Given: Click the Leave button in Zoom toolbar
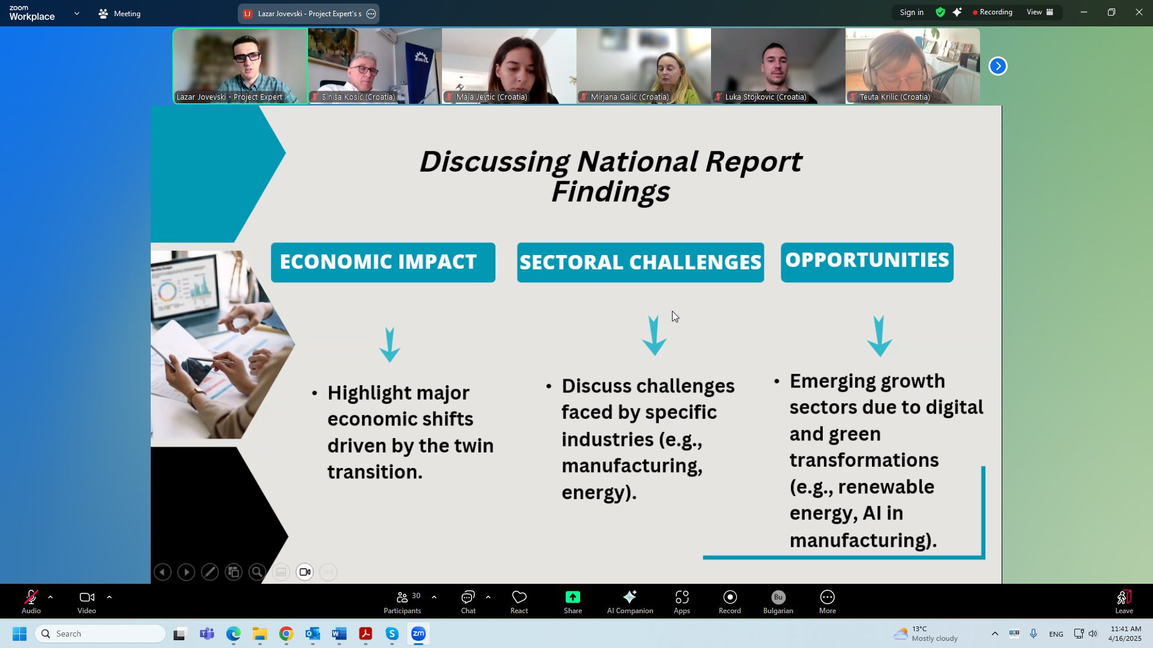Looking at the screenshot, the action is point(1124,602).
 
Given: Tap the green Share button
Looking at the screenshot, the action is point(572,602).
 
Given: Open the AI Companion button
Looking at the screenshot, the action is point(629,602).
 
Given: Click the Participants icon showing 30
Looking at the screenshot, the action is point(402,602).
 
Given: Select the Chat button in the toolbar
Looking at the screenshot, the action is point(468,602).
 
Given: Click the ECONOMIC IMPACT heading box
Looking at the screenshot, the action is point(383,262).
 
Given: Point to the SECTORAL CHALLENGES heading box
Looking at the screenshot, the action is point(640,262).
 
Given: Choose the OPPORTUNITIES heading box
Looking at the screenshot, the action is point(867,262).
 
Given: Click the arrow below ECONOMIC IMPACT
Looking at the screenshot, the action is point(390,345).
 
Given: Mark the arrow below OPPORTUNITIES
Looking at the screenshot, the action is point(879,336).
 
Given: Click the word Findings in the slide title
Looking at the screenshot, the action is point(610,192).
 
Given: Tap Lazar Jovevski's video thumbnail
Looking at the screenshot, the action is point(240,66).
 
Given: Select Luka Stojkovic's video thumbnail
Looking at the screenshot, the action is point(778,66).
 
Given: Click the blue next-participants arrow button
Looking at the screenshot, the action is point(997,66).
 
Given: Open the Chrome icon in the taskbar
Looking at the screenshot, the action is point(286,634).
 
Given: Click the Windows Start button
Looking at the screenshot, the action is point(19,634).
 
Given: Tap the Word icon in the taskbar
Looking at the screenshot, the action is point(339,634).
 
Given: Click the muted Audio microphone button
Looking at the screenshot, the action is point(31,602).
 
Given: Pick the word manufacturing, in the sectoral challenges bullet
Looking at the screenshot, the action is point(632,466).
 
